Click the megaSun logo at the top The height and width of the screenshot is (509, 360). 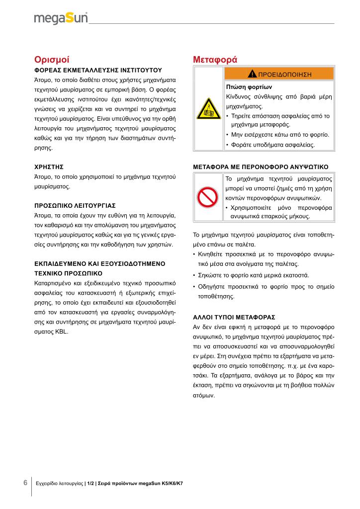coord(61,18)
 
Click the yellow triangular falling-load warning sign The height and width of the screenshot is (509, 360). coord(208,108)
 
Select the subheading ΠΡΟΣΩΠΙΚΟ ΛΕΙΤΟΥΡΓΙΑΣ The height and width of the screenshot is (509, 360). coord(75,205)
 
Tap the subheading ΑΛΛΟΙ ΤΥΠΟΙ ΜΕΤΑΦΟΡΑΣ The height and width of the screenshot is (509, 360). coord(234,317)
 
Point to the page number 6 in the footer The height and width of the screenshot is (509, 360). coord(25,483)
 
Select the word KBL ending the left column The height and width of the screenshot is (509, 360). coord(62,331)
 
